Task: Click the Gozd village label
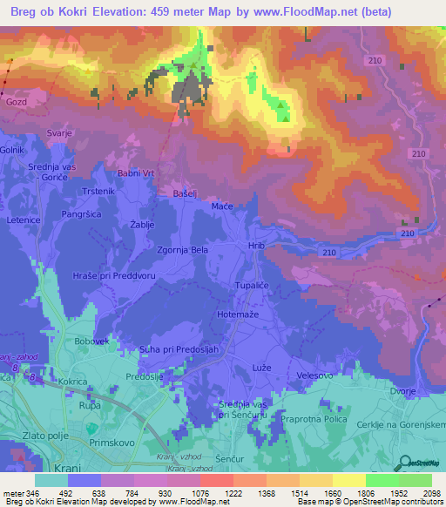click(x=17, y=103)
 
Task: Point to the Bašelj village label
click(x=186, y=193)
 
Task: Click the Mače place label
click(x=222, y=206)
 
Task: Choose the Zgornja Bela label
click(x=181, y=249)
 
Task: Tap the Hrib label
click(x=255, y=247)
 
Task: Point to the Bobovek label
click(x=90, y=341)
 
